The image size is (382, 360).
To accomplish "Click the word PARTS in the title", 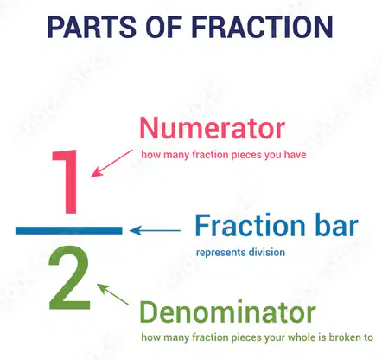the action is [91, 27].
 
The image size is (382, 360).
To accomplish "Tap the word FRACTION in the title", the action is [262, 27].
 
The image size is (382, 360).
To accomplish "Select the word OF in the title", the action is [163, 27].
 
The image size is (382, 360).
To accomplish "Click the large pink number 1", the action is [65, 182].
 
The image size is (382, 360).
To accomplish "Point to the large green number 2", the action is [69, 278].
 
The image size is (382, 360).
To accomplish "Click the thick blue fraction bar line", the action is [69, 230].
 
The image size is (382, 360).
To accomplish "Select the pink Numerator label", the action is [213, 128].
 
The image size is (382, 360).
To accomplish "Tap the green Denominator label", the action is [227, 312].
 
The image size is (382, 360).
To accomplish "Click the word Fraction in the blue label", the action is [250, 225].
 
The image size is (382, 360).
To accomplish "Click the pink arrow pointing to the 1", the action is [111, 164].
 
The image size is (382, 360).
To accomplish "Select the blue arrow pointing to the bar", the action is [155, 230].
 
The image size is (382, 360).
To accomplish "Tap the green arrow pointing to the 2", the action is [112, 294].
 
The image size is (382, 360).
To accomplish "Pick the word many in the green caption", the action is [176, 338].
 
